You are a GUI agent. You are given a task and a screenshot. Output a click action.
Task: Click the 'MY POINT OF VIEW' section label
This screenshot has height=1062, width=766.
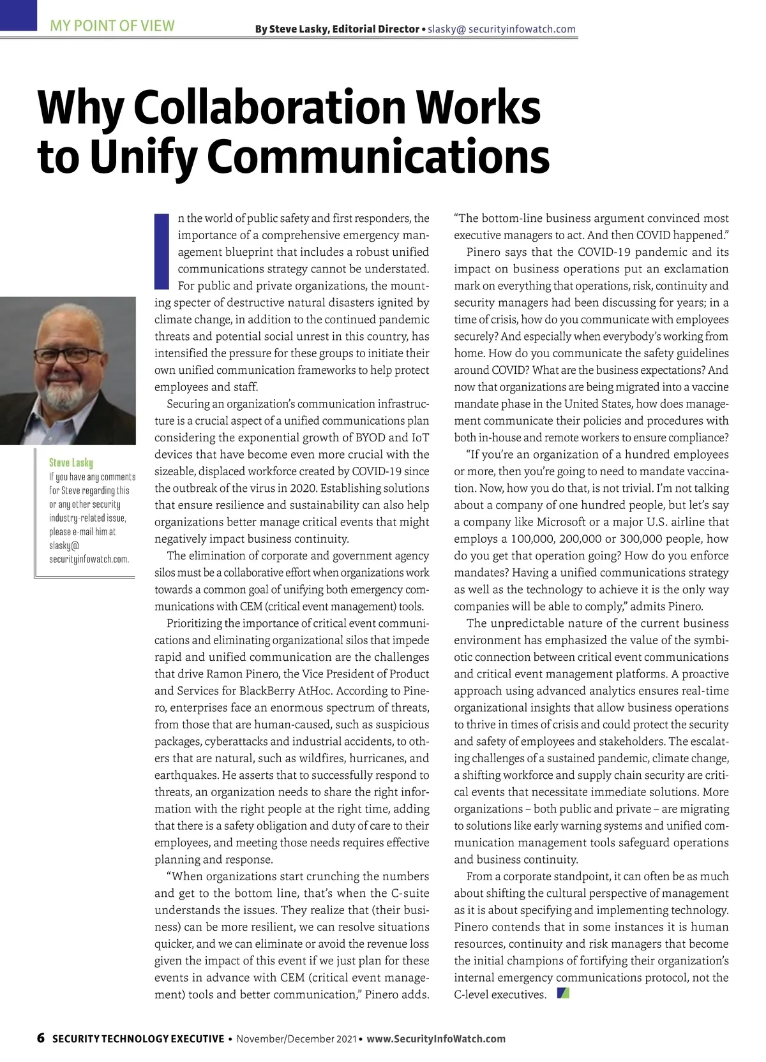[112, 26]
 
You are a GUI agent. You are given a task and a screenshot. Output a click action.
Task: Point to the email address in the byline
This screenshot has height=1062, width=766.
[502, 29]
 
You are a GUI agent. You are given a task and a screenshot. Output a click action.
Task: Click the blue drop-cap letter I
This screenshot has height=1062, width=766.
[161, 251]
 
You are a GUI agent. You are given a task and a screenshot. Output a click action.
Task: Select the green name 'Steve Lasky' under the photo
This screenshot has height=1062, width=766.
[71, 462]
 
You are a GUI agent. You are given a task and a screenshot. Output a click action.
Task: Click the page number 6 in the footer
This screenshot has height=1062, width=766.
[41, 1038]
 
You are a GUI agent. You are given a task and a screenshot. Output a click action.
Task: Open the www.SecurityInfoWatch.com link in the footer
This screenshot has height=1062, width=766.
[436, 1039]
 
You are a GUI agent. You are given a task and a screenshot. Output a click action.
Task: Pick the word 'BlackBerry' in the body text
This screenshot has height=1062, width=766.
[266, 691]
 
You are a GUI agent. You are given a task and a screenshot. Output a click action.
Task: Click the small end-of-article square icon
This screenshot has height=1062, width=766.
[563, 993]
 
